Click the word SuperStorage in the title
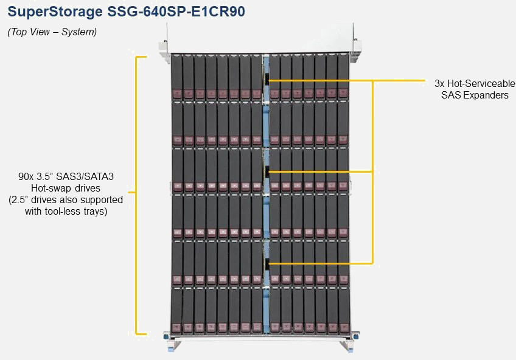[47, 12]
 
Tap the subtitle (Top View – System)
[52, 32]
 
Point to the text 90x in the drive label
[27, 176]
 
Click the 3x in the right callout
[441, 83]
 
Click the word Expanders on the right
[486, 95]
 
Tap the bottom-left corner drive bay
[177, 311]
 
